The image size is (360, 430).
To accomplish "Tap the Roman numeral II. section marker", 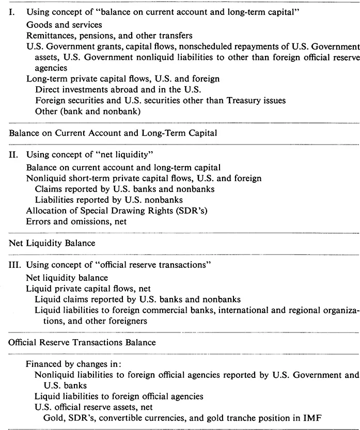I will [13, 154].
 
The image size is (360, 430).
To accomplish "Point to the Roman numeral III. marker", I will [14, 265].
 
